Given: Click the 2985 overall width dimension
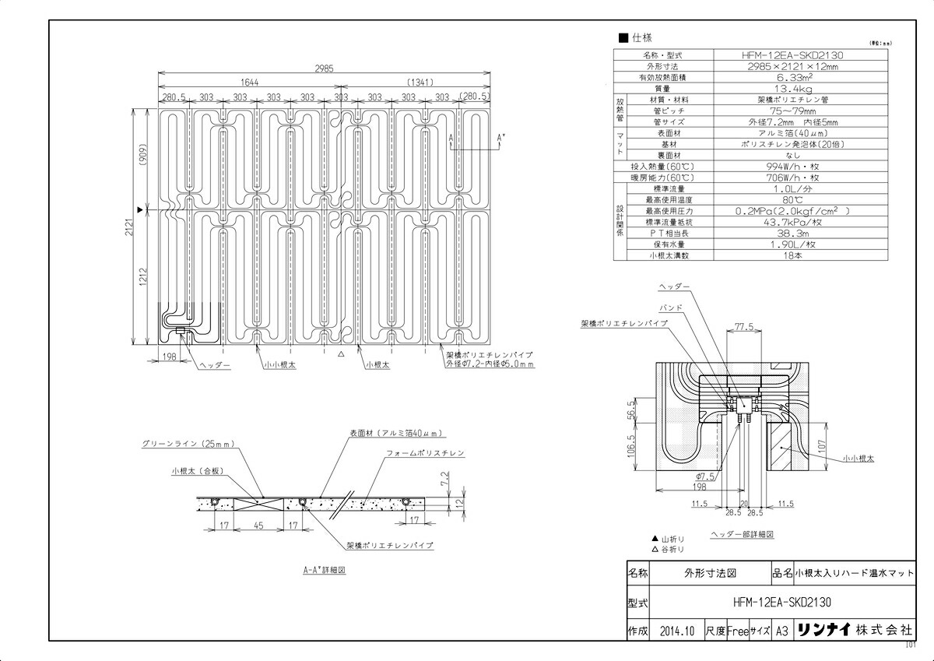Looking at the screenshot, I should [x=325, y=69].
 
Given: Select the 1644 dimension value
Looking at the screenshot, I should [x=249, y=82].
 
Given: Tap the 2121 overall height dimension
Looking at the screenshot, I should [x=133, y=227].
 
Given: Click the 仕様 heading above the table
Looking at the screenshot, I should [x=641, y=37].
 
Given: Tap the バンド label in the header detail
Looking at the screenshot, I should [x=671, y=308].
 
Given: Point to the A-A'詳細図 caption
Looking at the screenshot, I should [x=324, y=570].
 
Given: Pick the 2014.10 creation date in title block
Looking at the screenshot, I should [x=675, y=631].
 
